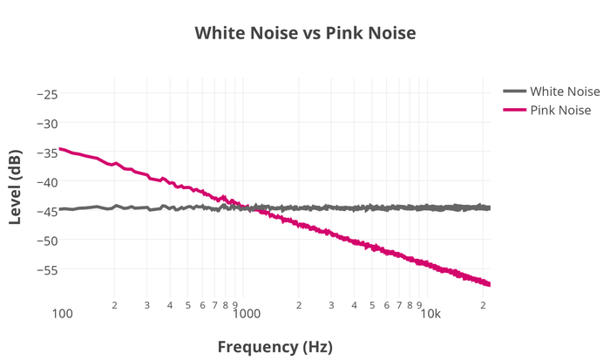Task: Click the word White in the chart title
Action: tap(220, 34)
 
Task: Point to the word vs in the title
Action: tap(310, 34)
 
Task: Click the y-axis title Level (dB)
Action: tap(16, 187)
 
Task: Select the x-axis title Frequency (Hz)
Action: tap(274, 346)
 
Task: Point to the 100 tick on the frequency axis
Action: tap(62, 314)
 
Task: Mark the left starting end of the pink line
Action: tap(61, 149)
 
